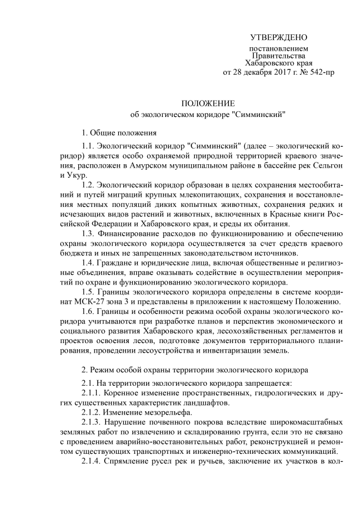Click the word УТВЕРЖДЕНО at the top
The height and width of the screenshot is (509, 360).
[278, 38]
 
